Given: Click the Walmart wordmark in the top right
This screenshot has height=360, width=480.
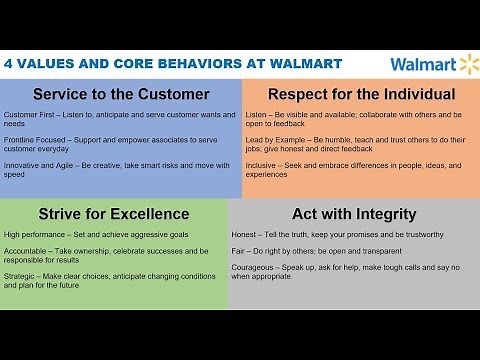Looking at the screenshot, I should (x=422, y=65).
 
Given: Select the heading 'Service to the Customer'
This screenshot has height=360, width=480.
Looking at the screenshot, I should (x=121, y=95).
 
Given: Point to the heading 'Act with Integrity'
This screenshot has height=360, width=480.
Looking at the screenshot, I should (x=354, y=213).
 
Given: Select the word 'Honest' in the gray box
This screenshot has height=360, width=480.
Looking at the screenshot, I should (x=259, y=235).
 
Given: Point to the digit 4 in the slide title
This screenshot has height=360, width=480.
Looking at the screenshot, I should (x=10, y=64).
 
